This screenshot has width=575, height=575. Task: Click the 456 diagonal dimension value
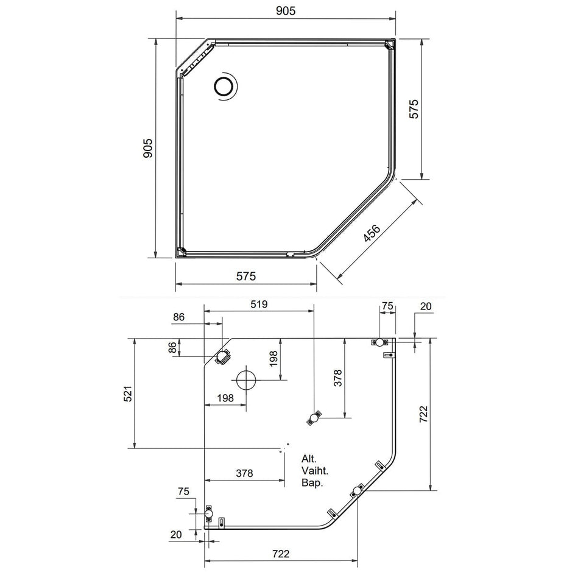[x=372, y=233]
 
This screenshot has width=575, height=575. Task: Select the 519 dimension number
[x=259, y=305]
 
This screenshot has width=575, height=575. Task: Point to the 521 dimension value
[x=128, y=393]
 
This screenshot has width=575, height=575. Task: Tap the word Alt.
[x=309, y=459]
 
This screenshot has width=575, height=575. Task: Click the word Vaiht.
[x=315, y=470]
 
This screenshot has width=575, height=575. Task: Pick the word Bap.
[x=312, y=482]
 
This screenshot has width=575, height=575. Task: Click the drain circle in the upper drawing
[x=223, y=86]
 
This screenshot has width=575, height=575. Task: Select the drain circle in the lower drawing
[x=246, y=380]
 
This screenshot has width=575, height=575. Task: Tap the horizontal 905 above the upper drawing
[x=285, y=11]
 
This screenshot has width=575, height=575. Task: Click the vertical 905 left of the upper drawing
[x=147, y=148]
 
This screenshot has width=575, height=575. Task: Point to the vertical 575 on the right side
[x=414, y=108]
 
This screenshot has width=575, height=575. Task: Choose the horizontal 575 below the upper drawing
[x=245, y=276]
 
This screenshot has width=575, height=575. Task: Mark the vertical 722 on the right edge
[x=423, y=414]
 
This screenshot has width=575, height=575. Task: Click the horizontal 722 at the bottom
[x=281, y=553]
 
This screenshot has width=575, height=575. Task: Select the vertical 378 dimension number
[x=337, y=378]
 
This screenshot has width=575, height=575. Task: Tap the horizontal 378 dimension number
[x=244, y=473]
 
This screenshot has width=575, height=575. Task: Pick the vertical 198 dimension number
[x=273, y=359]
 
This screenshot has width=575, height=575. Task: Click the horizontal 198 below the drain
[x=225, y=398]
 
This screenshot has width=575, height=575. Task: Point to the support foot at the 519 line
[x=314, y=418]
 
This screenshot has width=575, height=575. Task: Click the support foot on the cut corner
[x=222, y=356]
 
